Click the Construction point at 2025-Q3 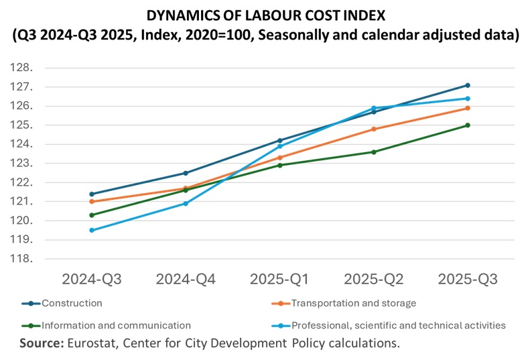(x=468, y=85)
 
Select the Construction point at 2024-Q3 (x=91, y=194)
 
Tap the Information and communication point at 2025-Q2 (x=374, y=152)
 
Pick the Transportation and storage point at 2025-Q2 (x=374, y=129)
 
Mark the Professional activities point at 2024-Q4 (x=186, y=203)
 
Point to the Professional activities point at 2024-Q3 (x=91, y=230)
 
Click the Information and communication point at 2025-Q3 (x=468, y=125)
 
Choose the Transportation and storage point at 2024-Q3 (x=91, y=201)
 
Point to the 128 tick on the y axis (x=25, y=68)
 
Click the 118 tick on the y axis (x=25, y=259)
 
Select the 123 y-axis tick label (x=25, y=163)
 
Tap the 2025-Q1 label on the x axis (x=279, y=280)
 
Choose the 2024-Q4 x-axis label (x=186, y=280)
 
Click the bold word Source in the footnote (x=41, y=343)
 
